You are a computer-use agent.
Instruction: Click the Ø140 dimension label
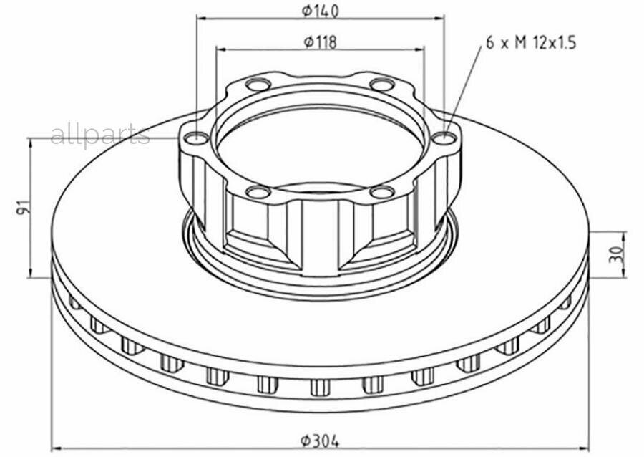click(x=321, y=11)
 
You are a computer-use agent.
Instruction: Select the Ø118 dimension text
click(x=321, y=42)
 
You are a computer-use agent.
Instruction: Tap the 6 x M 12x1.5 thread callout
click(x=531, y=42)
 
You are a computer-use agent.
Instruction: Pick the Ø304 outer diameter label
click(x=321, y=441)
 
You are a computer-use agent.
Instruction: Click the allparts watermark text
click(x=99, y=135)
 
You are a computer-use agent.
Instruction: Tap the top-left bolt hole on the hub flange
click(x=258, y=85)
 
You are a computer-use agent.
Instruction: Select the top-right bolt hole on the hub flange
click(x=382, y=85)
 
